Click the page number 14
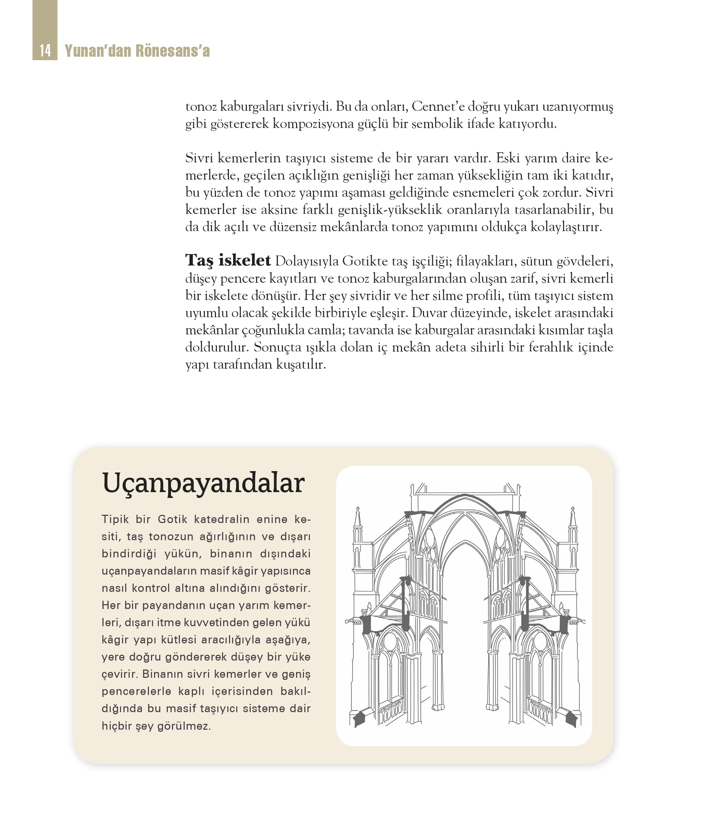[x=45, y=51]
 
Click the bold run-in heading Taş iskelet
[x=228, y=260]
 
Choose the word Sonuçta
[x=278, y=347]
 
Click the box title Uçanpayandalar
[x=203, y=483]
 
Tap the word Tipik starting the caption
[x=115, y=520]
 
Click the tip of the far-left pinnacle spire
[x=358, y=508]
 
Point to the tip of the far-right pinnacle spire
[x=573, y=508]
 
